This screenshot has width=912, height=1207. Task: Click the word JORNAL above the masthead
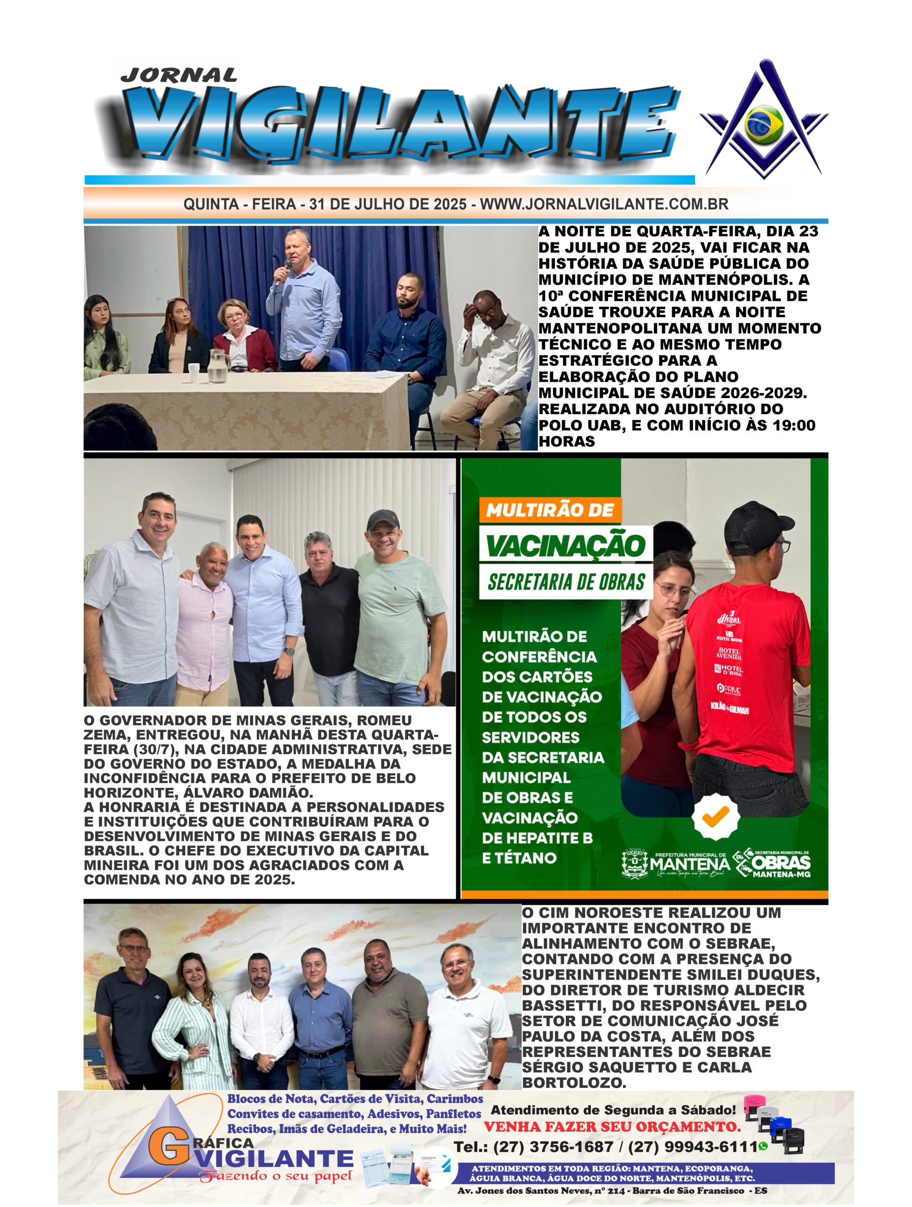pos(178,75)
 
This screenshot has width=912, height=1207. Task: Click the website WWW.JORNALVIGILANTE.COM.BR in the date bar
pos(604,205)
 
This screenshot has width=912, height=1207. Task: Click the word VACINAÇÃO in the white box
pos(565,545)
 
